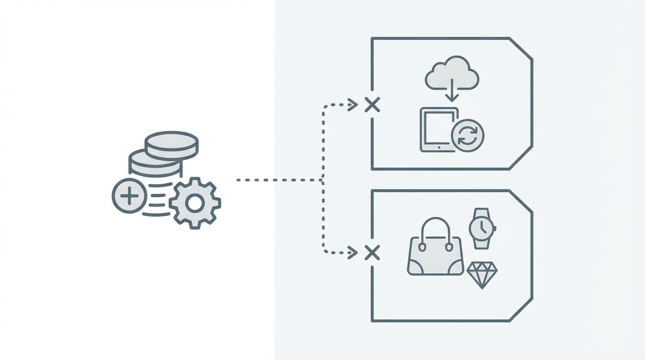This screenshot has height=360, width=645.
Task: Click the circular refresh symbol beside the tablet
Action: click(x=467, y=136)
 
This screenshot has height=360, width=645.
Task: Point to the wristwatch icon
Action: click(x=481, y=228)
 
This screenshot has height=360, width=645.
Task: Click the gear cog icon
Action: click(x=195, y=203)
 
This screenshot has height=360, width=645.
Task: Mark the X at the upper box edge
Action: click(x=372, y=105)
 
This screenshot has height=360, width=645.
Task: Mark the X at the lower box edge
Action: click(x=372, y=253)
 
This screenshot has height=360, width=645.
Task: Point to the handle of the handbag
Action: click(x=435, y=228)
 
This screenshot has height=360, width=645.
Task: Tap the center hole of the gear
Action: click(x=195, y=203)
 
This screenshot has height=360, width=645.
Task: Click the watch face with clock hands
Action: click(x=481, y=228)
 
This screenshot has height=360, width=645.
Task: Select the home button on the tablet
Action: click(x=439, y=147)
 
